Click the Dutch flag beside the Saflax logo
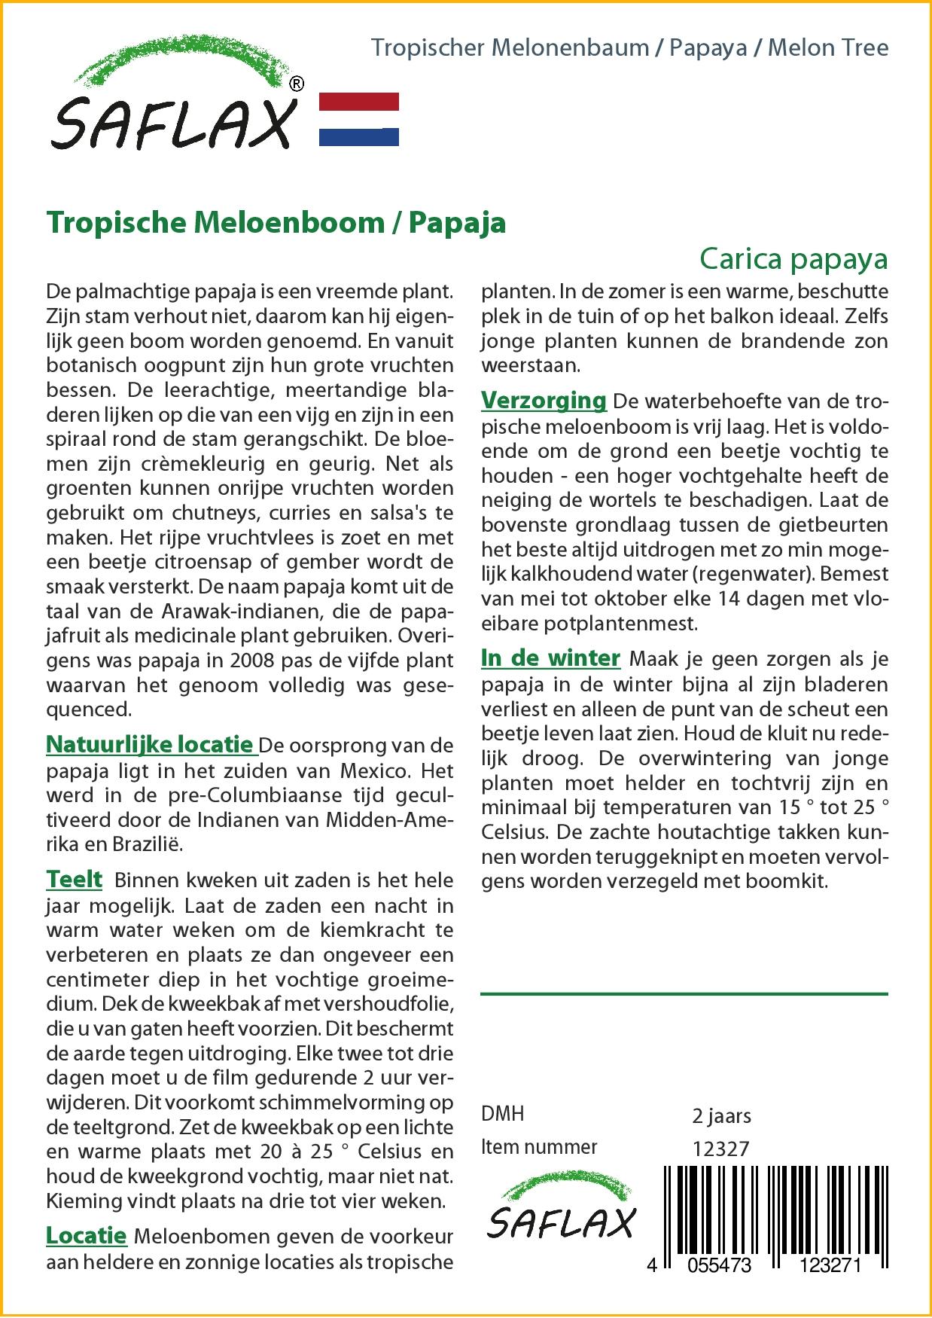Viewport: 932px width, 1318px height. [359, 119]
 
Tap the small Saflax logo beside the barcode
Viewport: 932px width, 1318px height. [561, 1212]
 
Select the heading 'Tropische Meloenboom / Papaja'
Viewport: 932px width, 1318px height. [276, 223]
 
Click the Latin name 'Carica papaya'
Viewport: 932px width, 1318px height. [793, 258]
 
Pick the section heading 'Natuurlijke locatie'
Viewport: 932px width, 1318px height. [149, 745]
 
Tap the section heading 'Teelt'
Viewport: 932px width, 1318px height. [74, 879]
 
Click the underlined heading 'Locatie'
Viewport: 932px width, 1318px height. [86, 1235]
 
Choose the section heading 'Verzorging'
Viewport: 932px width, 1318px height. [544, 400]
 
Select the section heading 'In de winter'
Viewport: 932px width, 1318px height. [550, 657]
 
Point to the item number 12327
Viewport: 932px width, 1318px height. [720, 1148]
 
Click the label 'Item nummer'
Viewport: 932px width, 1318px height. [538, 1147]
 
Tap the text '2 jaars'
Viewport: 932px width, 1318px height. [720, 1115]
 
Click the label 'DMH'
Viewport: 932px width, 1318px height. [502, 1114]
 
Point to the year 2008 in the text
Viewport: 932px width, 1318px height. [234, 661]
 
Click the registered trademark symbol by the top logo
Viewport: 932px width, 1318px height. [297, 84]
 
